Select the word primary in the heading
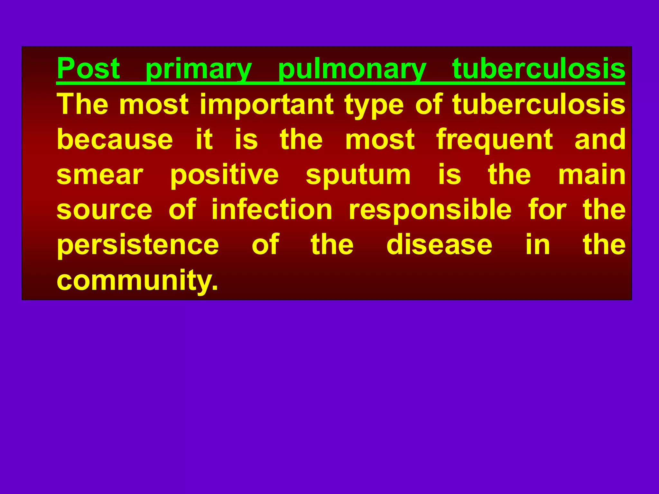pos(199,69)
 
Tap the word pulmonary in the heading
pos(352,69)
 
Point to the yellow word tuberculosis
pos(539,104)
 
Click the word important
pos(267,105)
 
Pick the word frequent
pos(495,140)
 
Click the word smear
pos(100,175)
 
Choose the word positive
pos(224,175)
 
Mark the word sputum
pos(358,176)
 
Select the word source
pos(104,210)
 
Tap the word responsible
pos(430,210)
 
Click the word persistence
pos(138,245)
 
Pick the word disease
pos(439,245)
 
